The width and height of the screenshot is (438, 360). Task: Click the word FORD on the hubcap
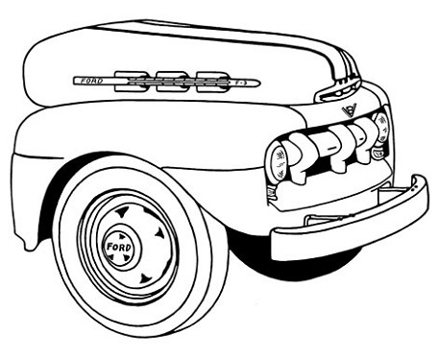[x=119, y=247]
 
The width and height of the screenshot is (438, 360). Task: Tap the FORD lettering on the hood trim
[x=92, y=81]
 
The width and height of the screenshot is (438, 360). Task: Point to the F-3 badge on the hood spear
[x=240, y=83]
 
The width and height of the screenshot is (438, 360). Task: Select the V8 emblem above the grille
[x=349, y=109]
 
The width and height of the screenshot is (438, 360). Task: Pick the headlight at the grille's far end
[x=381, y=127]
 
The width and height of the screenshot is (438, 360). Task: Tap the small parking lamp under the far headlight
[x=378, y=152]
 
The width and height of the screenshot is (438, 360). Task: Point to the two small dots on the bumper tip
[x=414, y=187]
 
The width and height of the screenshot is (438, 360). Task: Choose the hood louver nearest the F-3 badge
[x=212, y=82]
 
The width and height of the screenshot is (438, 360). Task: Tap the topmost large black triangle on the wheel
[x=123, y=211]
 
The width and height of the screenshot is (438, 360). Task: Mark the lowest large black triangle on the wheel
[x=145, y=278]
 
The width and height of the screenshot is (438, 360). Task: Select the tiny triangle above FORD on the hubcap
[x=122, y=237]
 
